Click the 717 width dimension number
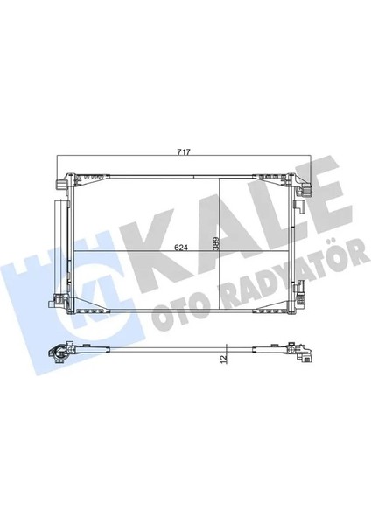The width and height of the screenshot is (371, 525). pyautogui.click(x=185, y=153)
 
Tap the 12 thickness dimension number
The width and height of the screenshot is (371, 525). pyautogui.click(x=225, y=356)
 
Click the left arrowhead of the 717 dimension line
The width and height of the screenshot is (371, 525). pyautogui.click(x=59, y=157)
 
